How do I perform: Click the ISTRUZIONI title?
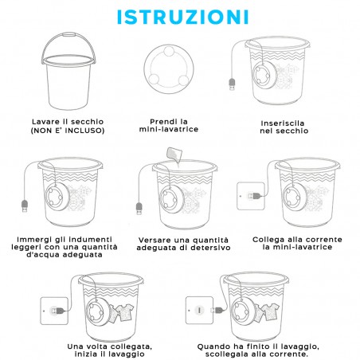pyautogui.click(x=183, y=18)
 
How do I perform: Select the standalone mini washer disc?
pyautogui.click(x=169, y=68)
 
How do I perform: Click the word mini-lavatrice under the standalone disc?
pyautogui.click(x=169, y=129)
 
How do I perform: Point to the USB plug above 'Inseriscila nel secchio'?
pyautogui.click(x=232, y=84)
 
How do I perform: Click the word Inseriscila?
pyautogui.click(x=283, y=123)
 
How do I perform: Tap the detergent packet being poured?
pyautogui.click(x=174, y=155)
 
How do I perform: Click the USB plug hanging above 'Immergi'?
pyautogui.click(x=25, y=206)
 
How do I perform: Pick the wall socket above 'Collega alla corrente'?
pyautogui.click(x=251, y=196)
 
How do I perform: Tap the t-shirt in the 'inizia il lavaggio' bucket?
pyautogui.click(x=125, y=312)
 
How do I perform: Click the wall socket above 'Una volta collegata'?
pyautogui.click(x=54, y=311)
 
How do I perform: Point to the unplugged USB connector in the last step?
pyautogui.click(x=217, y=310)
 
